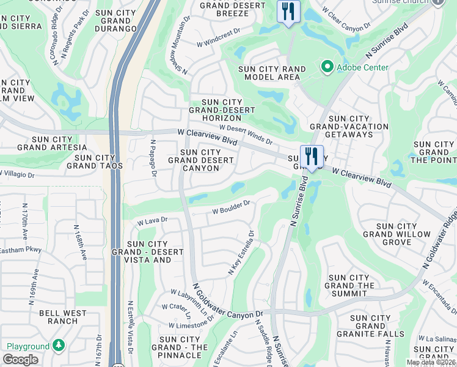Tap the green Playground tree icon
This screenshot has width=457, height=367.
pyautogui.click(x=58, y=346)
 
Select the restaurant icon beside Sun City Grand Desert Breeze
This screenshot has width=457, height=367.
pyautogui.click(x=288, y=11)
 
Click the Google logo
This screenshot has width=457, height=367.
pyautogui.click(x=20, y=360)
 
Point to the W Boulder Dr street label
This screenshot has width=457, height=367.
pyautogui.click(x=232, y=207)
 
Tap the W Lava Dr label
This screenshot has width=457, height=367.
pyautogui.click(x=152, y=221)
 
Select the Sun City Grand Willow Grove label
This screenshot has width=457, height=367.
pyautogui.click(x=388, y=234)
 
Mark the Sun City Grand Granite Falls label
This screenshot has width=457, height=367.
pyautogui.click(x=378, y=326)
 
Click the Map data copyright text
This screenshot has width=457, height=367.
pyautogui.click(x=431, y=362)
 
